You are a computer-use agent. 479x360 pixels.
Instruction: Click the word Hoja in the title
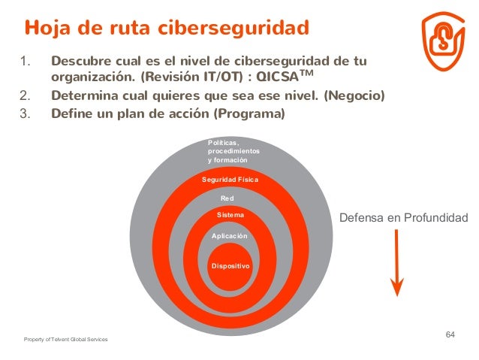(47, 29)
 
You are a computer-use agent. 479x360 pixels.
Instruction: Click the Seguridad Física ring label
(230, 180)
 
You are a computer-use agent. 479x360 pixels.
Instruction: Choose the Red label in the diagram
(227, 198)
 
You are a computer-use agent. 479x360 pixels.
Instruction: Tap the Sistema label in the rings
(230, 216)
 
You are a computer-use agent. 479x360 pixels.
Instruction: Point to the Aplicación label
(230, 236)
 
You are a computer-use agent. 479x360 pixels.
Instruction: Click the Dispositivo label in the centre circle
(230, 266)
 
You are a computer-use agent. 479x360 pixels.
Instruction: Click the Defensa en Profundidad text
(404, 218)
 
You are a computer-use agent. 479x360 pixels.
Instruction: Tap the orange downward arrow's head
(397, 287)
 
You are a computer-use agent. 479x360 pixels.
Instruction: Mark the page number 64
(450, 334)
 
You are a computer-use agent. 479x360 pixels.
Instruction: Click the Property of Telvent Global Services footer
(65, 340)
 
